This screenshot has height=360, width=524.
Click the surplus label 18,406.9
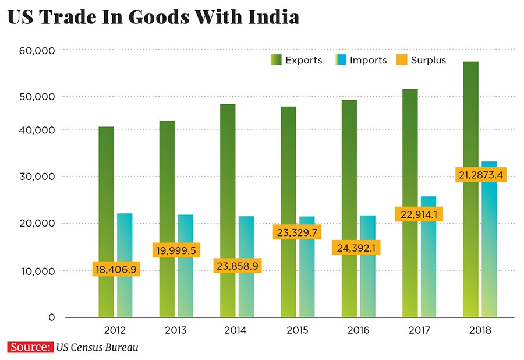click(115, 269)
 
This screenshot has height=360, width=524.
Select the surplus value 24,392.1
click(357, 248)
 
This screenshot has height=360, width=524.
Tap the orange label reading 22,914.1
click(419, 214)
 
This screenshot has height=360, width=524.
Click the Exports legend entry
click(296, 60)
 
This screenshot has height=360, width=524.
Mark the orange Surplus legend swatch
click(402, 60)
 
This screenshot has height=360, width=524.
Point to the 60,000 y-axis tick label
click(36, 51)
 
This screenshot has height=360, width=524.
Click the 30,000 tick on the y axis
click(36, 177)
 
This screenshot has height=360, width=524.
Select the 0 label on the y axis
click(51, 317)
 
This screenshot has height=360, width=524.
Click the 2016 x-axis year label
click(358, 330)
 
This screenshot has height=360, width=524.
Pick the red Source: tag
click(29, 347)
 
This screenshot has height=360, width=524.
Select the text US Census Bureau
click(97, 347)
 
